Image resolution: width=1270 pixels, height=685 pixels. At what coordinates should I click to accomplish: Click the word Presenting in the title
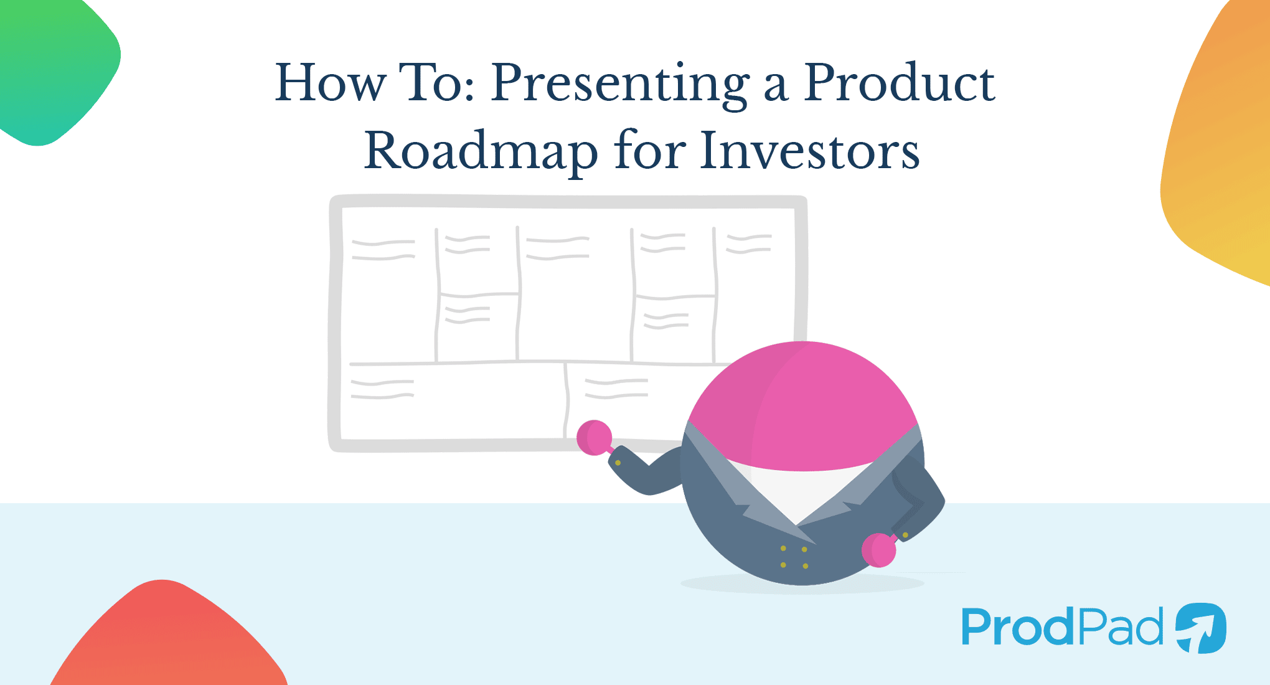tap(619, 84)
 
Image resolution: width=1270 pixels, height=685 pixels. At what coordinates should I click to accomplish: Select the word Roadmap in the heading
tap(481, 151)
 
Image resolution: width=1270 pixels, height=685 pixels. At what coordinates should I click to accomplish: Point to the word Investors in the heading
tap(809, 151)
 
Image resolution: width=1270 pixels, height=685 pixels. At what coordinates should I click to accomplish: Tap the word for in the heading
tap(650, 151)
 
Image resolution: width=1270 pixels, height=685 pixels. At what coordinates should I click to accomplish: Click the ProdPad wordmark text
tap(1062, 627)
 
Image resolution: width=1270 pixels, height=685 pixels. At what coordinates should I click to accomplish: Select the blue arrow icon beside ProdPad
tap(1201, 628)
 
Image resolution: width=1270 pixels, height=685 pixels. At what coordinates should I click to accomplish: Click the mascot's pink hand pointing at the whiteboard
tap(594, 437)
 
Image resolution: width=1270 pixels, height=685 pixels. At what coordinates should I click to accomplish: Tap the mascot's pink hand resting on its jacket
tap(878, 550)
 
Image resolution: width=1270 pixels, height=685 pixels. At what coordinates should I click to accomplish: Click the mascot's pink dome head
tap(803, 405)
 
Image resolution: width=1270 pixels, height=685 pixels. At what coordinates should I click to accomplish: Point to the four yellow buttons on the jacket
tap(794, 557)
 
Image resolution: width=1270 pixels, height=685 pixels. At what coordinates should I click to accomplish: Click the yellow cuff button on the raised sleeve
tap(618, 463)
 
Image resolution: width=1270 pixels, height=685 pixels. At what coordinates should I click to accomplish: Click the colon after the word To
tap(469, 92)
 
